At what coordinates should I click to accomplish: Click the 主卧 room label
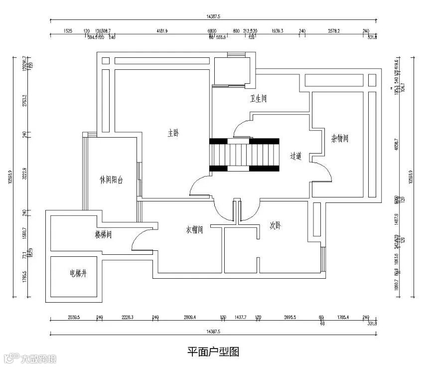click(x=173, y=133)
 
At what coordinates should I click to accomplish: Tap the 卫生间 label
click(x=259, y=99)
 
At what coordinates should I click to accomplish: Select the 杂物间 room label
click(x=339, y=138)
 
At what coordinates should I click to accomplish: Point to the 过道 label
click(x=296, y=156)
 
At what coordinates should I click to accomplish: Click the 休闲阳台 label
click(x=111, y=180)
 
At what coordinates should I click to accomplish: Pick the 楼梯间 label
click(x=103, y=233)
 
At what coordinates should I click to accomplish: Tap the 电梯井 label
click(x=78, y=273)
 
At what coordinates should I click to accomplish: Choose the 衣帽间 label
click(x=195, y=230)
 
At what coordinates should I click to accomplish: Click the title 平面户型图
click(x=214, y=352)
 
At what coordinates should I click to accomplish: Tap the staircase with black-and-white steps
click(x=245, y=155)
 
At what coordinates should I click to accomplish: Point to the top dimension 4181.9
click(x=161, y=31)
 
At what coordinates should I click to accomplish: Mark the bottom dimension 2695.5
click(x=290, y=317)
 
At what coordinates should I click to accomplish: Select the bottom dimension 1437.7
click(x=241, y=317)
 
